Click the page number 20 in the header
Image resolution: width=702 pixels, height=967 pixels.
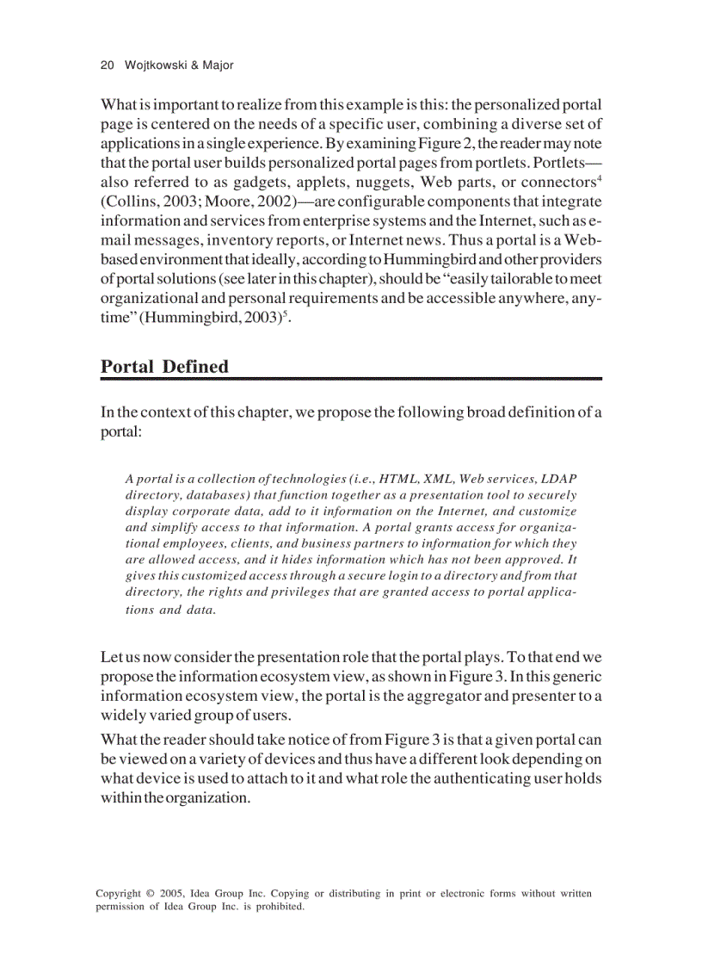[x=108, y=65]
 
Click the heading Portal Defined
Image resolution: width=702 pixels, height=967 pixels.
[x=164, y=366]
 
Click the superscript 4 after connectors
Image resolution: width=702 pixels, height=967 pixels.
[x=599, y=178]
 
